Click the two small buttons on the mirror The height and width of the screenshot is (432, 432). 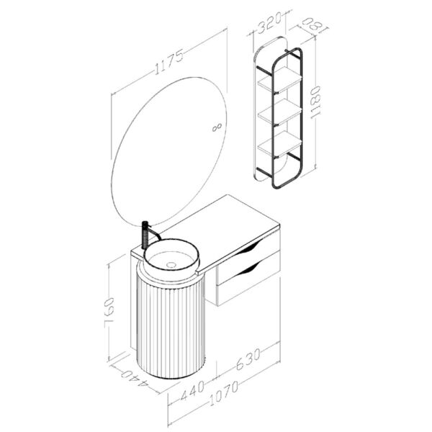coord(215,128)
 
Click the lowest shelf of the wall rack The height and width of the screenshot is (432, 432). coord(279,145)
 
